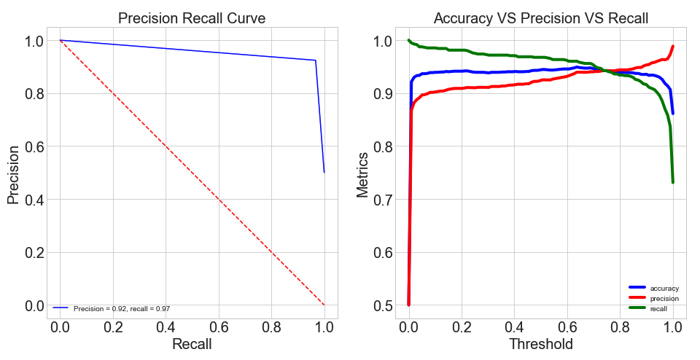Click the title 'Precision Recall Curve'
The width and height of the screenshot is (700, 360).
point(192,18)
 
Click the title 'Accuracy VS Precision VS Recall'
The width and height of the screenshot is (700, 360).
point(540,18)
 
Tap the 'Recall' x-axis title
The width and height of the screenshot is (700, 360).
point(192,344)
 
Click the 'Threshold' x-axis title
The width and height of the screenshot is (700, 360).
point(540,344)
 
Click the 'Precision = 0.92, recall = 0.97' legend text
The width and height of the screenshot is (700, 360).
point(122,309)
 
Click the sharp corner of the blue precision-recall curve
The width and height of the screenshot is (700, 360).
point(316,60)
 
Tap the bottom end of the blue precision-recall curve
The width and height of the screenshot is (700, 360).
point(324,172)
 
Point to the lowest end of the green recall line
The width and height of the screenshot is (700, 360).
point(673,182)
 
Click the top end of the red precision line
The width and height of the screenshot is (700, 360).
point(673,47)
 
